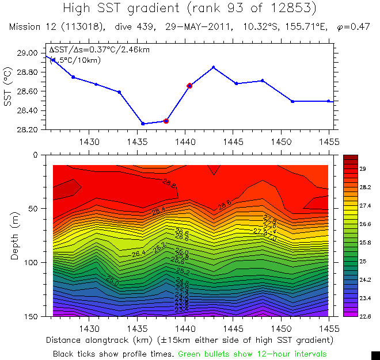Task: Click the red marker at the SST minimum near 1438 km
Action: [x=166, y=121]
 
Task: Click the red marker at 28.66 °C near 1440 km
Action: [x=189, y=86]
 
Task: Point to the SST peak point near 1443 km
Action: [x=214, y=67]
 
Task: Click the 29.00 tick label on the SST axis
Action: [x=28, y=53]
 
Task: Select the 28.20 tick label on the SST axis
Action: [x=28, y=129]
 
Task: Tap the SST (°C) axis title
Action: [x=7, y=91]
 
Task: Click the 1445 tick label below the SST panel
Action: [x=237, y=140]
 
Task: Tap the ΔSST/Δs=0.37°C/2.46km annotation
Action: [x=99, y=50]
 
